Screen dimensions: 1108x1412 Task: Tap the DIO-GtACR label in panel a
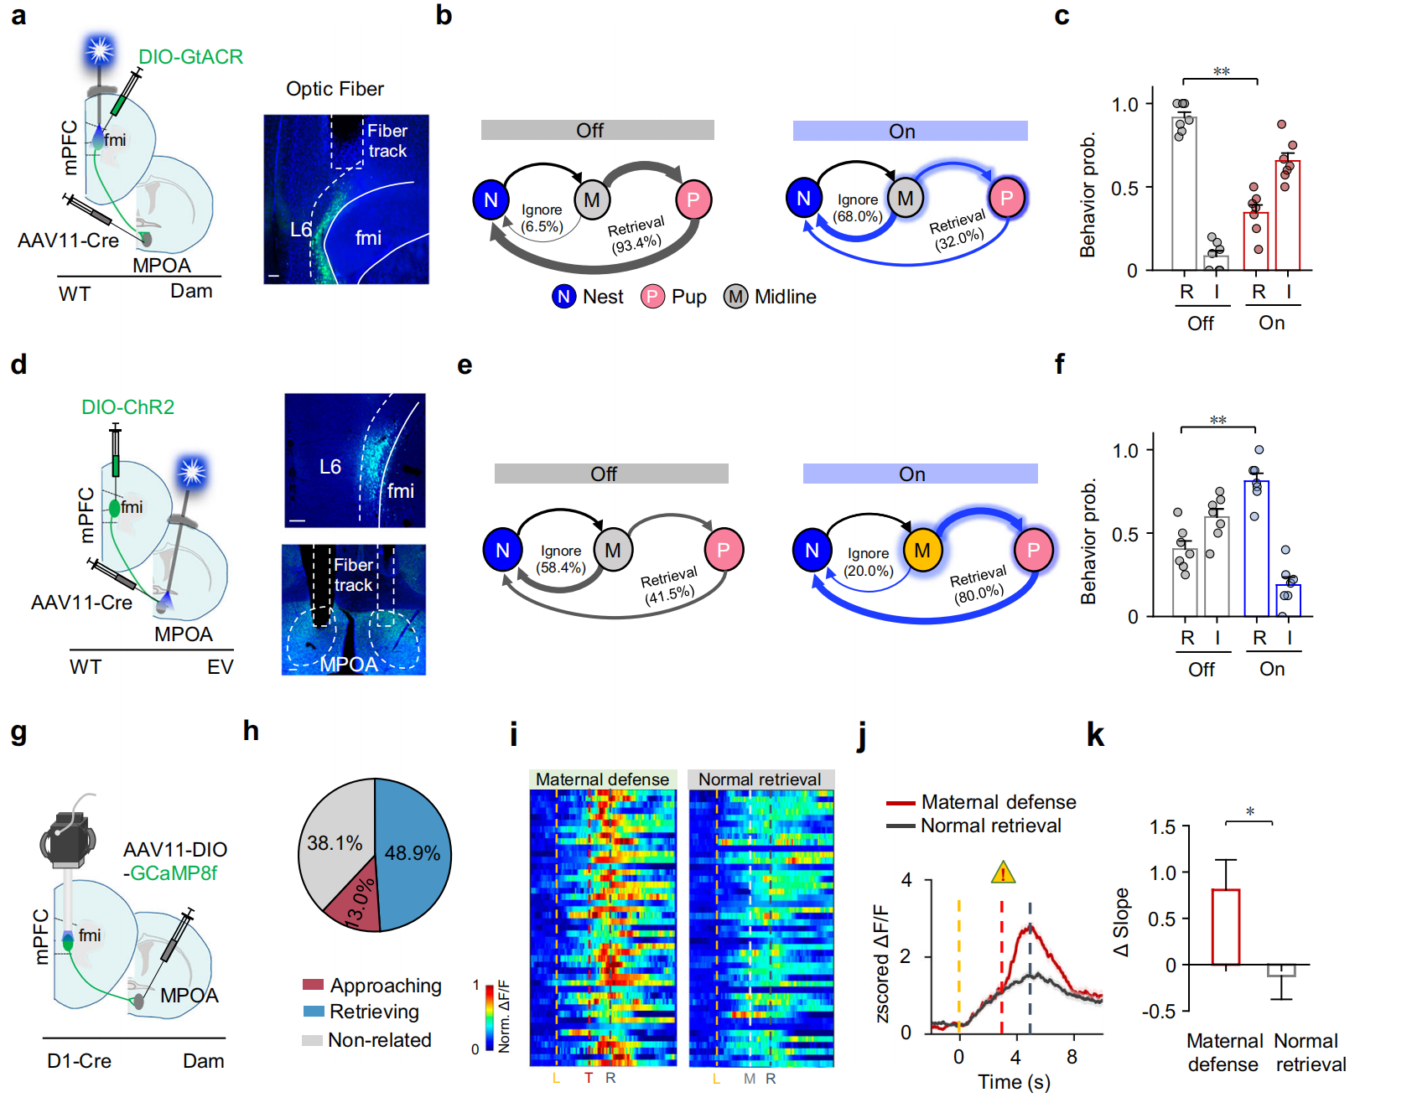tap(190, 57)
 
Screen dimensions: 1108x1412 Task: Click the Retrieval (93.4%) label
tap(636, 235)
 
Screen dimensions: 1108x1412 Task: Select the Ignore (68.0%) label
tap(857, 208)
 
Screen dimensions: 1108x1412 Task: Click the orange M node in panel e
tap(922, 551)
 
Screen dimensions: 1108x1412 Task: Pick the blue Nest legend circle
tap(563, 297)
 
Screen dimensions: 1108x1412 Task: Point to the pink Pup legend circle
tap(652, 297)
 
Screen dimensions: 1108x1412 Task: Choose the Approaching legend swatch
tap(313, 985)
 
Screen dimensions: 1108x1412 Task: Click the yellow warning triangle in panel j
tap(1003, 873)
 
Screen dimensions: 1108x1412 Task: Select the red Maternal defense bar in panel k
tap(1225, 927)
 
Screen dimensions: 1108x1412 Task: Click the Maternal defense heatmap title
tap(602, 779)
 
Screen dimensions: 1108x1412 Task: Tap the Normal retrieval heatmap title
tap(760, 779)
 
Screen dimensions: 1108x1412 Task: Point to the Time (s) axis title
tap(1014, 1082)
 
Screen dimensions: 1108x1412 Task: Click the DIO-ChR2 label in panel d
tap(127, 407)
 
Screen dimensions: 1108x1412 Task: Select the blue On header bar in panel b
tap(910, 131)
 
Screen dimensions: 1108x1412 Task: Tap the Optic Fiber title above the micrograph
tap(335, 89)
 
